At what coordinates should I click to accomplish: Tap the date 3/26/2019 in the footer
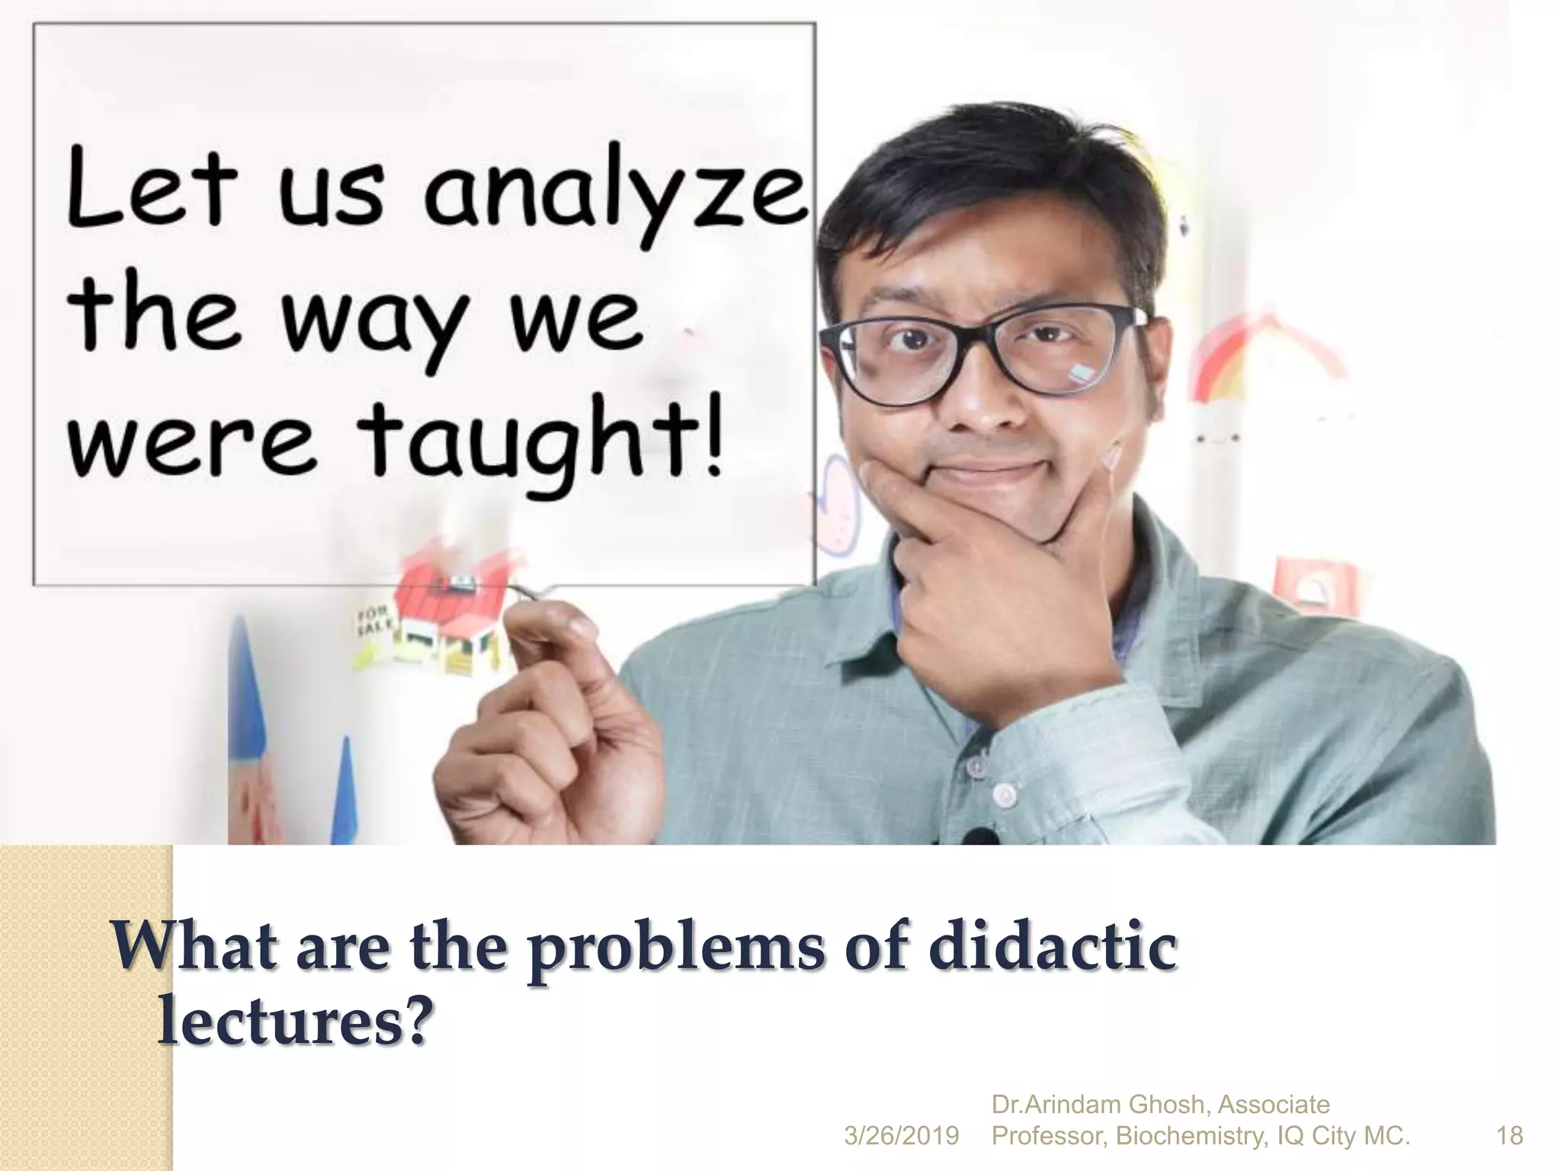tap(901, 1136)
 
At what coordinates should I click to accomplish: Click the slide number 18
tap(1510, 1136)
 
